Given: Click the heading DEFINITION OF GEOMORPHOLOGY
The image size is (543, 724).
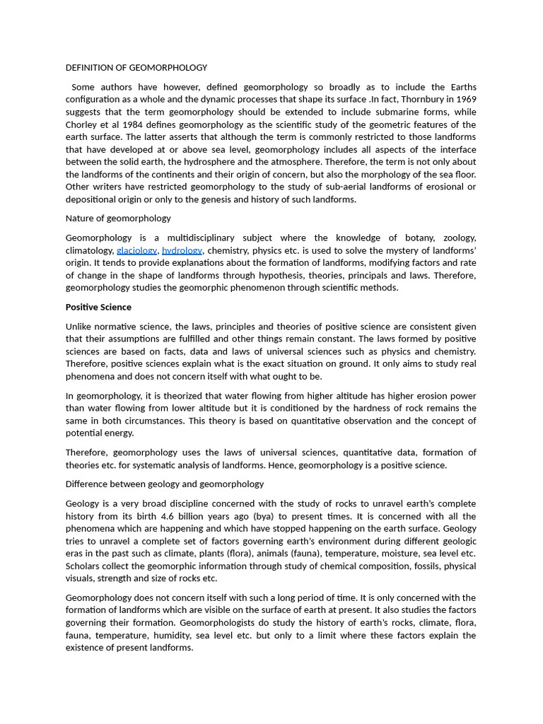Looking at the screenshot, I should point(136,68).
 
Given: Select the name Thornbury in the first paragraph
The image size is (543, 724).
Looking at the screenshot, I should point(424,100).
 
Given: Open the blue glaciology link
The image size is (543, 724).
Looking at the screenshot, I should point(136,250).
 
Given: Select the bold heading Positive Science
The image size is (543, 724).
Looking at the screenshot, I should point(98,307).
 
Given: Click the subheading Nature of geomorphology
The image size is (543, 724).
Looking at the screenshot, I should point(118,218).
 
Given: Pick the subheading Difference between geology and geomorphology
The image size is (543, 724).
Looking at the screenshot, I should point(165,484).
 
